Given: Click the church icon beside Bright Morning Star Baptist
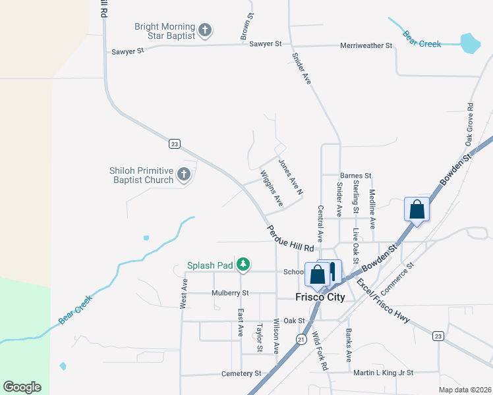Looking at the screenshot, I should coord(205,30).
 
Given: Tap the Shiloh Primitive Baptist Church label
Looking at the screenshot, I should coord(141,175).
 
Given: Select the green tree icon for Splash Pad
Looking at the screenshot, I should coord(243,265).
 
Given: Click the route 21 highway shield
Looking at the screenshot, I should coord(301,339).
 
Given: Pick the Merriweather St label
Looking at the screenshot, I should coord(366,45).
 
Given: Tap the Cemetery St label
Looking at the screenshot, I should coord(240,373).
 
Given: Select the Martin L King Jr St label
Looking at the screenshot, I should coord(383,373).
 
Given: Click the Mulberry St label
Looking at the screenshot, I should coord(230,293).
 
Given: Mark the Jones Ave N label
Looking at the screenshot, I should coord(289,178).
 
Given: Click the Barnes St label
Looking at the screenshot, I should coord(356,176).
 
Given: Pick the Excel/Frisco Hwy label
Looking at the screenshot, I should coord(384,302).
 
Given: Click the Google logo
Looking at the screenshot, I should coord(22,387).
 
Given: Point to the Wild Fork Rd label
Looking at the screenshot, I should coord(320,352).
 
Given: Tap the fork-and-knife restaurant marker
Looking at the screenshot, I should coord(332,271).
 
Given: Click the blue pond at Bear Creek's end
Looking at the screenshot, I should coord(470,43).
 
